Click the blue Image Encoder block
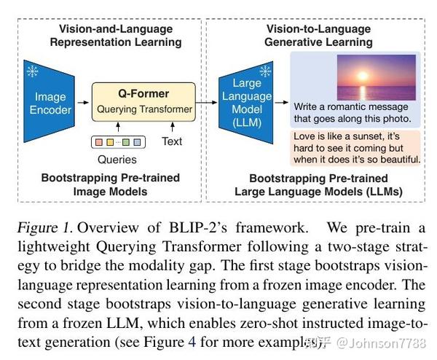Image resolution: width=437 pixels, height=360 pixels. pyautogui.click(x=52, y=103)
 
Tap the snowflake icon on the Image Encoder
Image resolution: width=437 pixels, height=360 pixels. pyautogui.click(x=33, y=71)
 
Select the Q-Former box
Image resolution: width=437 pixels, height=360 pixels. pyautogui.click(x=143, y=102)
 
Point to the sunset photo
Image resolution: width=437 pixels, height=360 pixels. pyautogui.click(x=375, y=77)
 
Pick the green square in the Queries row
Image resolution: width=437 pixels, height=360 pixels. pyautogui.click(x=126, y=141)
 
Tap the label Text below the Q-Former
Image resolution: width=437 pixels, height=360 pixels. pyautogui.click(x=172, y=141)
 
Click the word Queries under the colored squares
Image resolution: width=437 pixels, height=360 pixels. pyautogui.click(x=117, y=158)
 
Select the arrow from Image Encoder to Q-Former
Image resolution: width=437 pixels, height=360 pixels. pyautogui.click(x=82, y=103)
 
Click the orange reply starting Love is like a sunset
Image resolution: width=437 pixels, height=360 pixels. pyautogui.click(x=356, y=147)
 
